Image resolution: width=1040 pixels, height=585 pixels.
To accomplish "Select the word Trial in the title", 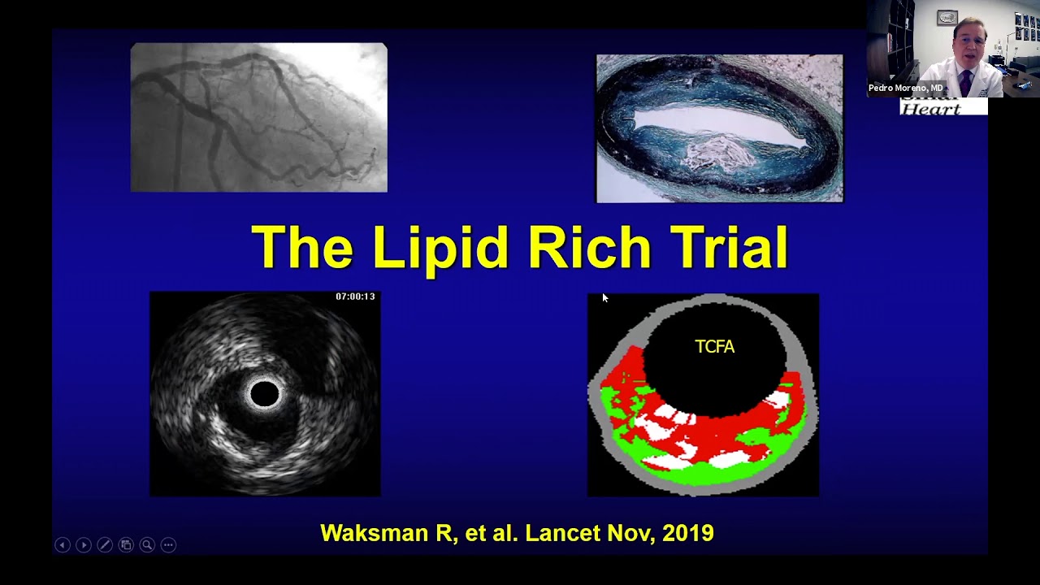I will click(726, 247).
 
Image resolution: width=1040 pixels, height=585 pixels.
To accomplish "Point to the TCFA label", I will click(715, 347).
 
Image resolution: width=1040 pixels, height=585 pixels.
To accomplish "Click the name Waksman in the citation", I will click(366, 533).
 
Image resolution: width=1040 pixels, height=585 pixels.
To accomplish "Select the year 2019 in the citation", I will click(688, 533).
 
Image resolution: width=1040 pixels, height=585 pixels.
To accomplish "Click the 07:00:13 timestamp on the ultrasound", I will click(355, 297).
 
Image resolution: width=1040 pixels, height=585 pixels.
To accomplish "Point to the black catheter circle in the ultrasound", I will click(264, 394).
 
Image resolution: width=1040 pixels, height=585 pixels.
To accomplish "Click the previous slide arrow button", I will click(63, 545).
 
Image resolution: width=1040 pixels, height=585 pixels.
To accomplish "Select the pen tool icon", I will click(105, 545).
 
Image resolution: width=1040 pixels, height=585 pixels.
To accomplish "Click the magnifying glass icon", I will click(147, 545).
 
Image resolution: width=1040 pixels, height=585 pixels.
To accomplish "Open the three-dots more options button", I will click(168, 545).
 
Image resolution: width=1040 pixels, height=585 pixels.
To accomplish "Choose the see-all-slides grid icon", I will click(126, 545).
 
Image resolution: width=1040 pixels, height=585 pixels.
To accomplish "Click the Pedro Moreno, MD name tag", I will click(905, 88).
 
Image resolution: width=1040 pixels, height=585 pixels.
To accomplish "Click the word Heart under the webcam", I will click(932, 109).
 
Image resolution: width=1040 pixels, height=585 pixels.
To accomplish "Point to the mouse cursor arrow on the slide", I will click(605, 299).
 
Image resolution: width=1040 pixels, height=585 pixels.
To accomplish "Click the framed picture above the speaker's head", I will click(947, 17).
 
